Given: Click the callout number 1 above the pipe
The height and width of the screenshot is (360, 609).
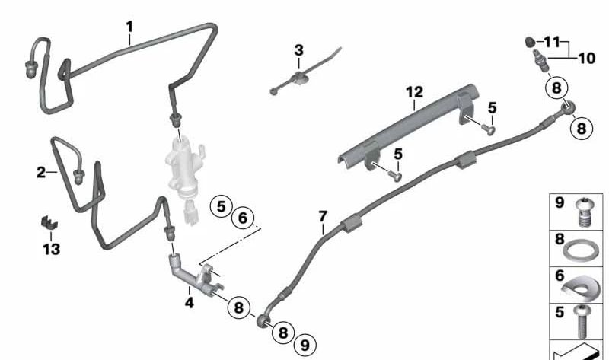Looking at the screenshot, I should [129, 27].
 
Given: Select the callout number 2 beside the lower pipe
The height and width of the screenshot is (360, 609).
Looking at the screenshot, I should [41, 173].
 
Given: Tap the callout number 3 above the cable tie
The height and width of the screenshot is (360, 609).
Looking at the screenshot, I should [298, 50].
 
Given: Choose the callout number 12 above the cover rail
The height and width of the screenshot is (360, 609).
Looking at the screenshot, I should [413, 92].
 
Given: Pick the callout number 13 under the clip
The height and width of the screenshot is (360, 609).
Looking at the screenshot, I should [52, 248].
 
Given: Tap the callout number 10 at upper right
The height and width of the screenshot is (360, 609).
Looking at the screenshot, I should [586, 58].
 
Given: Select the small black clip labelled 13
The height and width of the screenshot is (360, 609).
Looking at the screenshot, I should [49, 225].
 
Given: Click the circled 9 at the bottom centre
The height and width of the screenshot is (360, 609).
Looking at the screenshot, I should [305, 345].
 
